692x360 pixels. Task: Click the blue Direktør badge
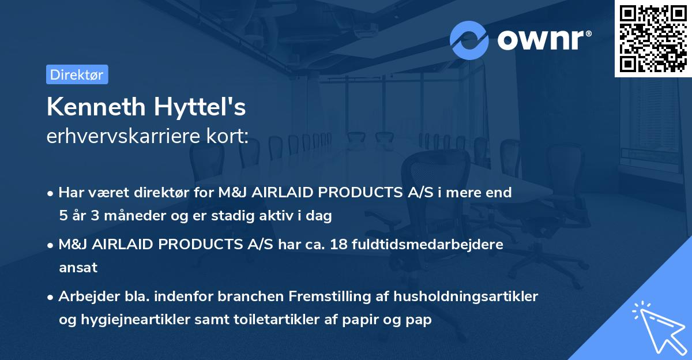pos(77,74)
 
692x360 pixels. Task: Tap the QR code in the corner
pos(653,38)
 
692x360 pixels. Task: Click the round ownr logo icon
pos(469,40)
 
